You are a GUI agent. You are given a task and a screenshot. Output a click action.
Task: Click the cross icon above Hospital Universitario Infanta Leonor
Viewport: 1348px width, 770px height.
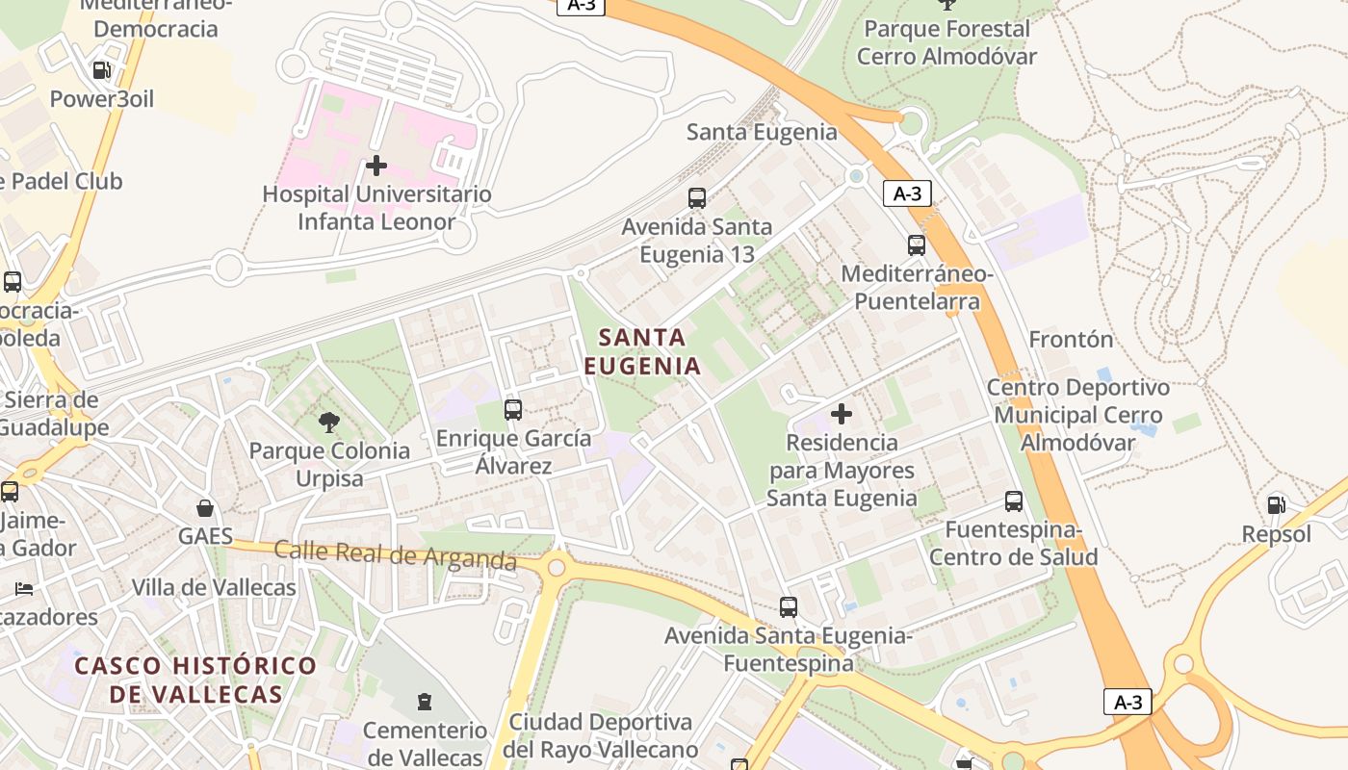pos(376,166)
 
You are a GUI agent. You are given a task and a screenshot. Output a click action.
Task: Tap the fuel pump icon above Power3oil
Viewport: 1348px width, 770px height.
pos(101,70)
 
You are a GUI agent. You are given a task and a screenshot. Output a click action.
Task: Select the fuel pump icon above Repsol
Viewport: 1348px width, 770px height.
pos(1277,504)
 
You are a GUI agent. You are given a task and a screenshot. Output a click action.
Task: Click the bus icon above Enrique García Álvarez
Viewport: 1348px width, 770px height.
pos(513,410)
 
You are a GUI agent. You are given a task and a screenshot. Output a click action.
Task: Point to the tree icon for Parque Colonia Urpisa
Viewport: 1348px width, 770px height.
pos(328,422)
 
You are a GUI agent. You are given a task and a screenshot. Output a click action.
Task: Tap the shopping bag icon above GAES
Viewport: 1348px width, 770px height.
pos(205,507)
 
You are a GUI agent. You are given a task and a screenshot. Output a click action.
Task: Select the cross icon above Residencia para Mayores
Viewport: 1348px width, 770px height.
pos(842,414)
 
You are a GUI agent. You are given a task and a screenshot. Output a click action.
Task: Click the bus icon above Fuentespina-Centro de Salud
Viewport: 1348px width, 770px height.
pos(1014,501)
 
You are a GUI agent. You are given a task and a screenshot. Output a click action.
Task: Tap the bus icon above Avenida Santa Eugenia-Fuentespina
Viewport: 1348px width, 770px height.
pos(789,607)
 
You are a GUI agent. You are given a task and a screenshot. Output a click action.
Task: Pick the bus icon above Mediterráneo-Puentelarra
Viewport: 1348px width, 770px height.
pos(917,245)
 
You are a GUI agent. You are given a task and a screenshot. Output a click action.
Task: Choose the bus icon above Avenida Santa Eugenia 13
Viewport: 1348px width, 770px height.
pos(697,198)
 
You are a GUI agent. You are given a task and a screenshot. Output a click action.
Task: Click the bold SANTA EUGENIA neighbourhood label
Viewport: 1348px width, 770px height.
pos(642,351)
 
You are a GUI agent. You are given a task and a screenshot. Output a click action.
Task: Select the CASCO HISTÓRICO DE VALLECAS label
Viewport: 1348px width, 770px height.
pos(195,680)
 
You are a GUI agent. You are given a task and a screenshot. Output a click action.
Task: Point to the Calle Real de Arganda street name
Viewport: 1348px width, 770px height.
pos(395,554)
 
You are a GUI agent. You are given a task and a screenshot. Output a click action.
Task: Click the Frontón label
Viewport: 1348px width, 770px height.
pos(1071,340)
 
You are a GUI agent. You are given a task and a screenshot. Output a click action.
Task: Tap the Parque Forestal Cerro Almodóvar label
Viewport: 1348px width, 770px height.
pos(946,42)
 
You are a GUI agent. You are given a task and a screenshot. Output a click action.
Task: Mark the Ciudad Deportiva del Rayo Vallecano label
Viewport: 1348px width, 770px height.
pos(601,735)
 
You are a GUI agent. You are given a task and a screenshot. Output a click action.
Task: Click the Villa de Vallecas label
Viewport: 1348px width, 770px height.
pos(214,587)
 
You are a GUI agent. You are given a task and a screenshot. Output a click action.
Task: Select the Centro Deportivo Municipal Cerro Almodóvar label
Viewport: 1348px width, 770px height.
pos(1078,416)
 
